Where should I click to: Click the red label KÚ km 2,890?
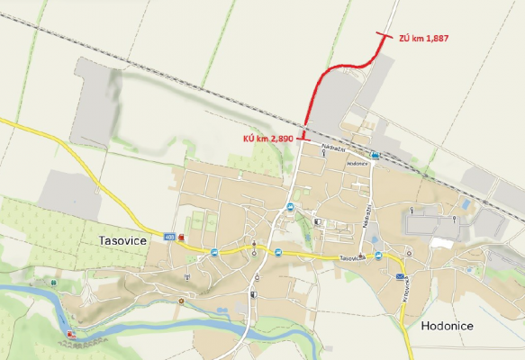[268, 139]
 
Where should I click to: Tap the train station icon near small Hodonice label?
[374, 155]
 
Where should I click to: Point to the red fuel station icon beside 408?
[181, 238]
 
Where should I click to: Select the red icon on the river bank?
[70, 334]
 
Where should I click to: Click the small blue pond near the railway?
[465, 205]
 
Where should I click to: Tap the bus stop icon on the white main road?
[290, 207]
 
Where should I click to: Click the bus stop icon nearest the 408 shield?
[214, 252]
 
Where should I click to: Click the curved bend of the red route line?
[326, 74]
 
